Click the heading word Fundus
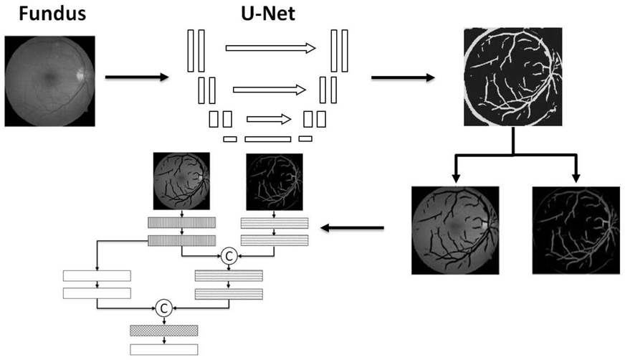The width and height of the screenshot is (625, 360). coord(52,13)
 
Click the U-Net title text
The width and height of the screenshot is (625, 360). coord(268,13)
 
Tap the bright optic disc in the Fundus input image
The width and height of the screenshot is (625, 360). coord(81,74)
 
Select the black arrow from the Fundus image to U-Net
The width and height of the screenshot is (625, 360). coord(137,77)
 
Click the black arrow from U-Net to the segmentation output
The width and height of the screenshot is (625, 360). coord(403,77)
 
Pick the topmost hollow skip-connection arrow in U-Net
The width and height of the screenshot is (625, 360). coord(271,48)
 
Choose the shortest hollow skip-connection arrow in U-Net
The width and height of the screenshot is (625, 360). coord(269,119)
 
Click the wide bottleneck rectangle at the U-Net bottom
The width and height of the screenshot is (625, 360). coord(268,139)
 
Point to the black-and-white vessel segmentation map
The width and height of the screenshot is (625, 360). coord(513,77)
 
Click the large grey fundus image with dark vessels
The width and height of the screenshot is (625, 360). coord(455,230)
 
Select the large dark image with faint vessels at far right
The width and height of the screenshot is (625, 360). coord(576,230)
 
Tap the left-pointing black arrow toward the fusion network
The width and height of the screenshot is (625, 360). coord(353,228)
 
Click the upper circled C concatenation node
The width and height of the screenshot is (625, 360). coord(229,256)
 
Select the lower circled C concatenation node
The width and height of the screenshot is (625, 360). coord(163,308)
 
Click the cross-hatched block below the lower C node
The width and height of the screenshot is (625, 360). coord(164,331)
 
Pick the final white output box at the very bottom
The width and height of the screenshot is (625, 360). coord(164,350)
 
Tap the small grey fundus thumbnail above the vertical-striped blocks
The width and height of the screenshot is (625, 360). coord(181,181)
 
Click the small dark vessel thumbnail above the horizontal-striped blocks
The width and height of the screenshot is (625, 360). coord(275,181)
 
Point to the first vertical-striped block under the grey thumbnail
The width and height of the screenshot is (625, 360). coord(182,222)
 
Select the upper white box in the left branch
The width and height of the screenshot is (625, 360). coord(97,275)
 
